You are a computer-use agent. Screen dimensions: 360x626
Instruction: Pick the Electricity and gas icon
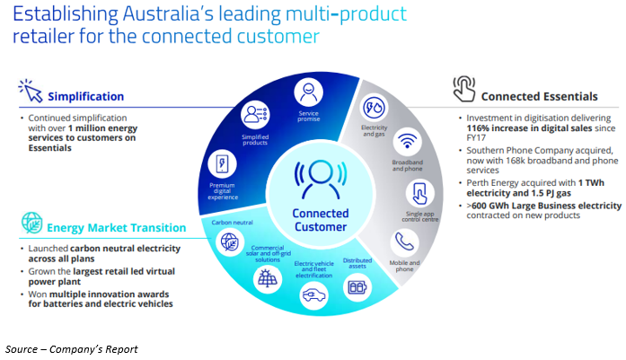[373, 108]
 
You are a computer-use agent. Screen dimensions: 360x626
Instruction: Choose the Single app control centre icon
[418, 192]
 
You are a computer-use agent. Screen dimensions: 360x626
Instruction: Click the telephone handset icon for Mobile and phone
[401, 241]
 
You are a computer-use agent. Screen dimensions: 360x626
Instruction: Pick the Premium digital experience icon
[218, 163]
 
